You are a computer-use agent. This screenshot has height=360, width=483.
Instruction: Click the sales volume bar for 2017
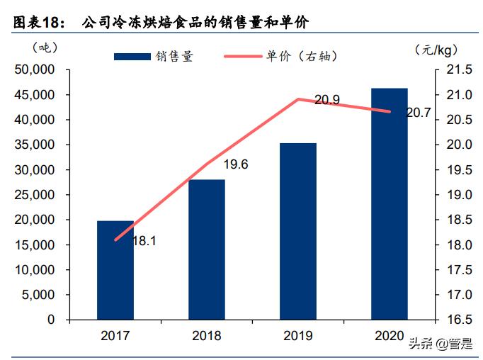(x=115, y=270)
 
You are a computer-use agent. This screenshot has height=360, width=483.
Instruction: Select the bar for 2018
(x=207, y=249)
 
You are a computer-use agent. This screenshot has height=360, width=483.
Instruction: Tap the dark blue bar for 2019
(x=298, y=231)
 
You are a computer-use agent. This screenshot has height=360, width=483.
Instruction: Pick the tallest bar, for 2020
(x=390, y=204)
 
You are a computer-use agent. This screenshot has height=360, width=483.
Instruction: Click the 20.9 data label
(x=326, y=101)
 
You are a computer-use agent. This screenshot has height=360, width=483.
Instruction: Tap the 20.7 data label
(x=418, y=112)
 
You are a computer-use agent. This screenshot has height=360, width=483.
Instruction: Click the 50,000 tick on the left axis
(x=35, y=70)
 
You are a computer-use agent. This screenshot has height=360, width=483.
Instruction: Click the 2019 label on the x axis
(x=298, y=335)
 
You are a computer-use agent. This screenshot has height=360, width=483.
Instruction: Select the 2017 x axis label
(x=115, y=335)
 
